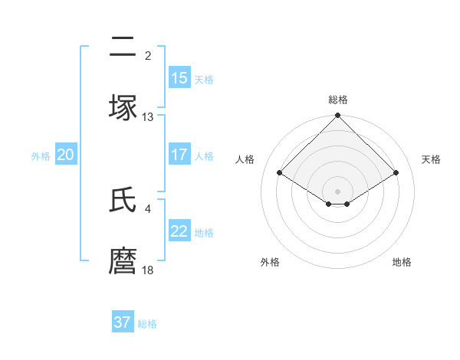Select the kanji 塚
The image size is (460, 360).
tap(123, 107)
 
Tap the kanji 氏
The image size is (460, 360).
tap(123, 201)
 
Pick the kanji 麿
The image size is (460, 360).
tap(123, 260)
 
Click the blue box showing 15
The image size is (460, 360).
tap(179, 78)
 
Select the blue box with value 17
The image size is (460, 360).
tap(179, 155)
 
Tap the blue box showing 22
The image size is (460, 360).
tap(179, 232)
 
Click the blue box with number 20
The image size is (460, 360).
tap(65, 155)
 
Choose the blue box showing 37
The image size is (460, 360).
tap(123, 322)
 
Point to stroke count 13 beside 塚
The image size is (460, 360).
tap(148, 117)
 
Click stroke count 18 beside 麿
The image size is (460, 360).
tap(148, 270)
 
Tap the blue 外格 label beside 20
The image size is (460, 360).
tap(41, 155)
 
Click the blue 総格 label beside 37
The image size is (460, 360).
tap(147, 323)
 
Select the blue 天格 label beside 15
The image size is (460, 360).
tap(204, 79)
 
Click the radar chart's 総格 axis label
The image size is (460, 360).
tap(338, 100)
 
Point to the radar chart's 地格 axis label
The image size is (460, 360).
tap(402, 262)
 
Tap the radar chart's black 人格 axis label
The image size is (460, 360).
tap(245, 159)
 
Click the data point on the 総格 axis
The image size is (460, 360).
tap(337, 116)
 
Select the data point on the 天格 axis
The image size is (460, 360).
tap(396, 172)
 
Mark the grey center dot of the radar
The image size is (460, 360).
tap(337, 191)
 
